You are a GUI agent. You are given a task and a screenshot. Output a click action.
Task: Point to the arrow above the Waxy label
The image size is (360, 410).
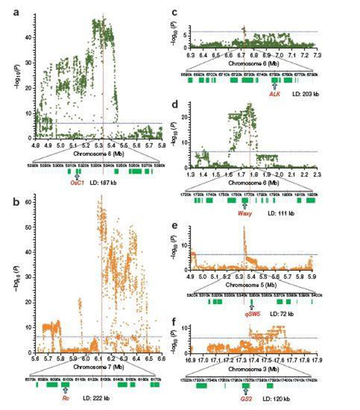(x=245, y=206)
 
